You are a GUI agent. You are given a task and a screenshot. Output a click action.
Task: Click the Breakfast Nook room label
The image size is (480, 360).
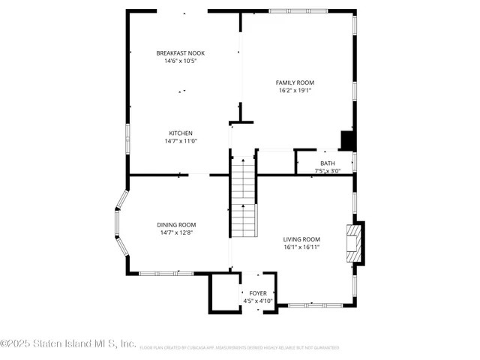[180, 53]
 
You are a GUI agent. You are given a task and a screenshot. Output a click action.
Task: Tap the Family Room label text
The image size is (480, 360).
[295, 82]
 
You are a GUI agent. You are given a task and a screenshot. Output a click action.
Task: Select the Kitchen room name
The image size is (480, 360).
[180, 133]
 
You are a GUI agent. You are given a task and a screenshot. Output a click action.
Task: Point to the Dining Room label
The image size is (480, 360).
[176, 225]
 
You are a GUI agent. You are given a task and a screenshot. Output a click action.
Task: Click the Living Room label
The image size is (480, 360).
[301, 239]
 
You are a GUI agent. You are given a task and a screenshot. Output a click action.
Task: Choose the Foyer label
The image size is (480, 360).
[257, 293]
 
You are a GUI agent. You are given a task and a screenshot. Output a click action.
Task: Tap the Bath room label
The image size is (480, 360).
[328, 163]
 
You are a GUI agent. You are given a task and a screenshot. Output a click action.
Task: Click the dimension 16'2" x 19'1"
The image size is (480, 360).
[295, 91]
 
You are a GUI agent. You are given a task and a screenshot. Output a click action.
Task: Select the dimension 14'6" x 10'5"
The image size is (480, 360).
[180, 61]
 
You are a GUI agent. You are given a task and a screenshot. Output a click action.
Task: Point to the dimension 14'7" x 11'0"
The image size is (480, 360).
[180, 141]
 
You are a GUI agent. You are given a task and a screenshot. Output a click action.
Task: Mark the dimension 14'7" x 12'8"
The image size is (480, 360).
[176, 232]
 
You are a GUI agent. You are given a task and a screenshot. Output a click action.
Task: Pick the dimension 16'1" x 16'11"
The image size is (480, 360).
[301, 247]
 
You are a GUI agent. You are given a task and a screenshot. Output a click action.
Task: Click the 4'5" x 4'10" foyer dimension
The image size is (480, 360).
[257, 301]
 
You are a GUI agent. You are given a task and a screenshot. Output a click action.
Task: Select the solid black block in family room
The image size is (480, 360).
[347, 140]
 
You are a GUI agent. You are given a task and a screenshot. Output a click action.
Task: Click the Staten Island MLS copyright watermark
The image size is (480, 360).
[68, 344]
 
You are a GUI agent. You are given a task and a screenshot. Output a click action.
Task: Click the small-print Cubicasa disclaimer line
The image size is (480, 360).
[238, 348]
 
